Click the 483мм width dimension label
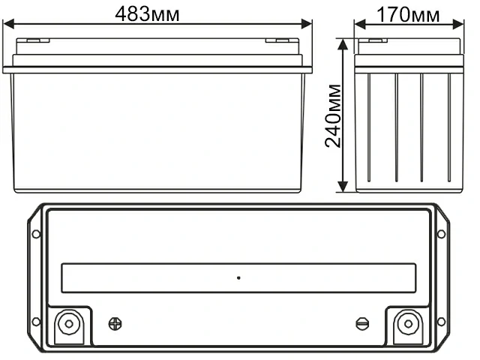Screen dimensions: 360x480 coord(158,13)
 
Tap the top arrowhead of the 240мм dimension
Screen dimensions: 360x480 coord(343,43)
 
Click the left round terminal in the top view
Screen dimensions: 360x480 coord(68,324)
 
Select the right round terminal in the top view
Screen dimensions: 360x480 coord(407,324)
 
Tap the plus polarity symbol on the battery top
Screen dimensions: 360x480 coord(115,324)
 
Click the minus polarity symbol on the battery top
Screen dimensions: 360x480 coord(361,324)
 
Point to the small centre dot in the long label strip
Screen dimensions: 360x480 coord(238,278)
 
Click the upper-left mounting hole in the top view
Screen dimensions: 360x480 coord(36,234)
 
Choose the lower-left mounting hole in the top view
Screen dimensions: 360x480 coord(36,324)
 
